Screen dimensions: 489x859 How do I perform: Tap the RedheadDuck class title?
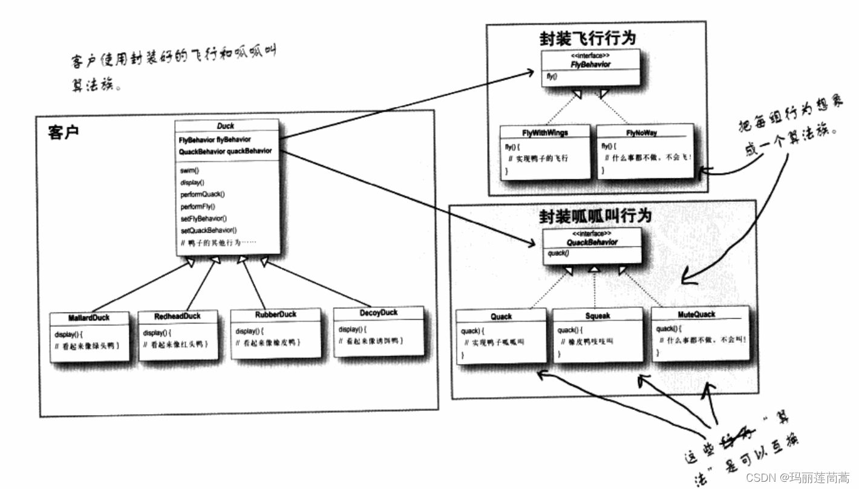(x=177, y=316)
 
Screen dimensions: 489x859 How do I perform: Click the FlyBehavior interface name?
(x=590, y=64)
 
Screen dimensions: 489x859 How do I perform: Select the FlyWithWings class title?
(x=544, y=132)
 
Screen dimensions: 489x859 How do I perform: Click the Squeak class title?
(x=598, y=316)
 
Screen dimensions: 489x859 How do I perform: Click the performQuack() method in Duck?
(x=202, y=195)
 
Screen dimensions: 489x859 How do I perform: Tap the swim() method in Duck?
(x=189, y=171)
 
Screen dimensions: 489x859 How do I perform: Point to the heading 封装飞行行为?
(x=588, y=39)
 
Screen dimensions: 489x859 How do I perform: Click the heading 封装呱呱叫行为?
(x=595, y=216)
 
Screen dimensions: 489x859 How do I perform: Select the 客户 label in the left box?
(x=63, y=132)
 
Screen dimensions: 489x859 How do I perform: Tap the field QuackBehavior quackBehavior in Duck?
(x=225, y=151)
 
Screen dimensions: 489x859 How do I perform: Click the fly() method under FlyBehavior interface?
(x=551, y=77)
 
